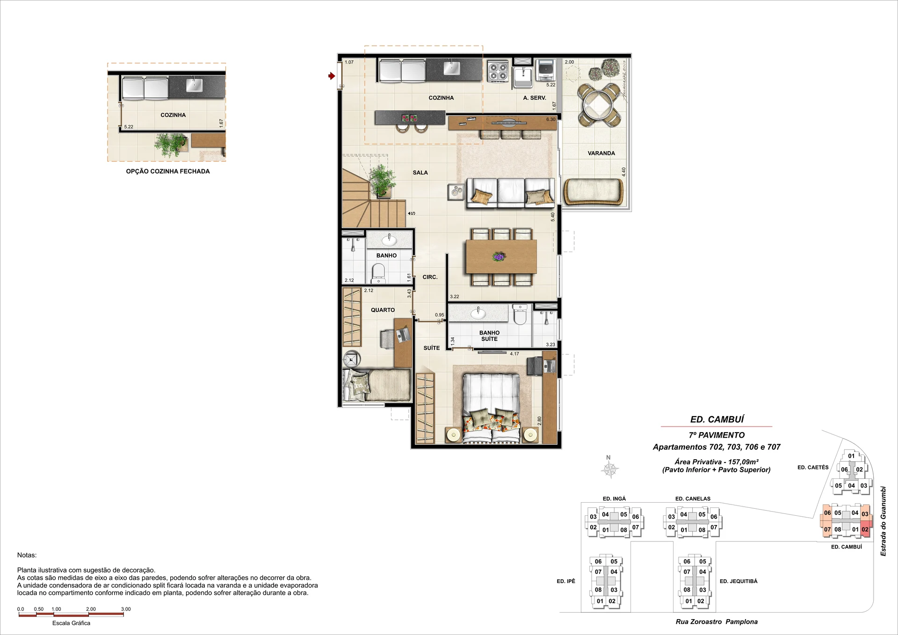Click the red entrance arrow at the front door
(332, 76)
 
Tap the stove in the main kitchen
(498, 72)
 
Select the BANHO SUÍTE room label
(489, 336)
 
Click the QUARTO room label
(383, 310)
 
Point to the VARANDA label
(601, 153)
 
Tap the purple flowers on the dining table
(499, 256)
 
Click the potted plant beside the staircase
(382, 180)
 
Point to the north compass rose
(610, 469)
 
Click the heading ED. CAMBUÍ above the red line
(717, 419)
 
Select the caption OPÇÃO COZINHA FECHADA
(168, 171)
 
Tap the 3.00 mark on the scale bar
(126, 609)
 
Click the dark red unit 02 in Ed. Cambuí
(865, 529)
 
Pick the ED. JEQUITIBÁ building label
(739, 581)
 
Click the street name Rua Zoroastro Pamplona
(717, 621)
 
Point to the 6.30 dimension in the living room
(550, 120)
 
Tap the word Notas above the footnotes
(27, 555)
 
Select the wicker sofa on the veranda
(594, 192)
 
